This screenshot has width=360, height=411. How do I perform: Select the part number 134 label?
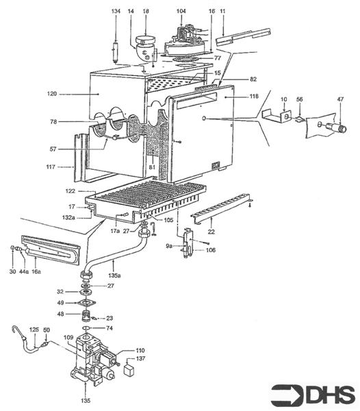click(115, 12)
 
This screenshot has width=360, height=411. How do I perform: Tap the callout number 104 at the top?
click(181, 12)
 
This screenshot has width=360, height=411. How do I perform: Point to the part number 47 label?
click(339, 100)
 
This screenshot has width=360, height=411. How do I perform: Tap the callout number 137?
click(140, 358)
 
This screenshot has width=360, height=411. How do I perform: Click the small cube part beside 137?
click(127, 369)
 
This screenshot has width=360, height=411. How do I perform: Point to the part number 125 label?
click(34, 330)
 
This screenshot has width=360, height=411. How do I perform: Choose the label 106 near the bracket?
click(211, 251)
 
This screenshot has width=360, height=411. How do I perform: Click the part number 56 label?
click(299, 100)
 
